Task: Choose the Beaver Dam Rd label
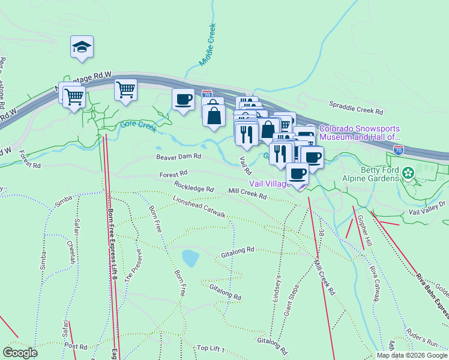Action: pyautogui.click(x=178, y=157)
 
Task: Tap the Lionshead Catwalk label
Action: pyautogui.click(x=199, y=205)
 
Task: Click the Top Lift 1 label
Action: pyautogui.click(x=209, y=349)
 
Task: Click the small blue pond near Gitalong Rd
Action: pyautogui.click(x=190, y=259)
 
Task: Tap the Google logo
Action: pyautogui.click(x=20, y=352)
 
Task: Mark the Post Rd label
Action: pyautogui.click(x=76, y=346)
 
